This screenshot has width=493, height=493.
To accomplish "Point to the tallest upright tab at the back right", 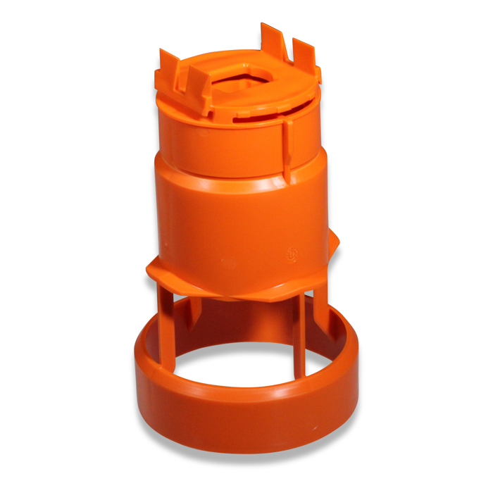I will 272,39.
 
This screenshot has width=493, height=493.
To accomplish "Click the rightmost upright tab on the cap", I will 304,55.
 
